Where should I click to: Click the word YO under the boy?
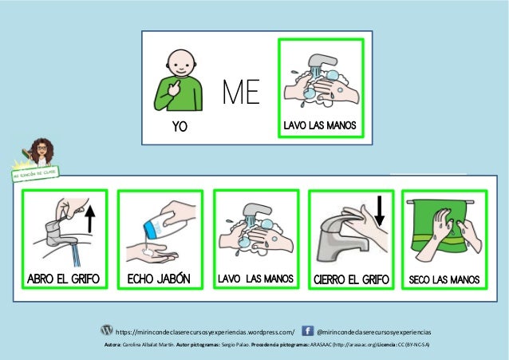[x=180, y=126]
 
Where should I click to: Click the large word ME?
[x=241, y=92]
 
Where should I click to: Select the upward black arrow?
[x=90, y=220]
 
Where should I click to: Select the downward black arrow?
[x=379, y=211]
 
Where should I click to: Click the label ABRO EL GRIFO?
[x=63, y=279]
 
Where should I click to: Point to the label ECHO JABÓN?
[x=159, y=279]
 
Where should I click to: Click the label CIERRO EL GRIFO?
[x=351, y=279]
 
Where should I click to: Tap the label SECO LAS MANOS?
[x=444, y=279]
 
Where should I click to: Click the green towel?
[x=438, y=229]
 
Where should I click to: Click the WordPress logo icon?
[x=107, y=330]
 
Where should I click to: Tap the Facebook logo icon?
[x=307, y=330]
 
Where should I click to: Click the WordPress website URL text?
[x=205, y=332]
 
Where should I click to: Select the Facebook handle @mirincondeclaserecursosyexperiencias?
[x=374, y=332]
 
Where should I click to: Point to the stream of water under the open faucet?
[x=76, y=255]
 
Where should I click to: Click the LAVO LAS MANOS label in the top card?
[x=320, y=125]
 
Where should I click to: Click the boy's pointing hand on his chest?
[x=175, y=88]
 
